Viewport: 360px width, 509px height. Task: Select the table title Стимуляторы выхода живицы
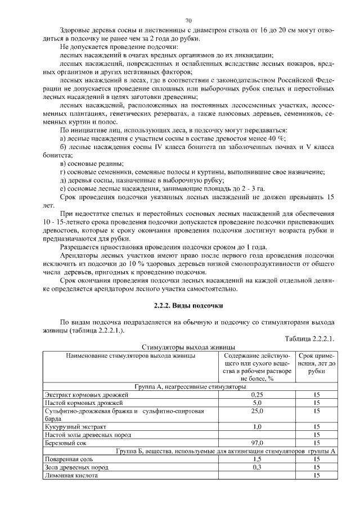pyautogui.click(x=188, y=348)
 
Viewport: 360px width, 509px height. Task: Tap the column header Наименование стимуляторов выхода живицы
pyautogui.click(x=130, y=356)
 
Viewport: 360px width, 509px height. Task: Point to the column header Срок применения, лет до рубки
pyautogui.click(x=317, y=364)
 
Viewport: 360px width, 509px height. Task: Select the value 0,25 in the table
pyautogui.click(x=257, y=395)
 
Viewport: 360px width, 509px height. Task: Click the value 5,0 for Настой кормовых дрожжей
pyautogui.click(x=257, y=403)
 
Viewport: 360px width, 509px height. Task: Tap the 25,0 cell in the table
pyautogui.click(x=257, y=411)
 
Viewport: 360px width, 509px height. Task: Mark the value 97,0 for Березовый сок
pyautogui.click(x=257, y=443)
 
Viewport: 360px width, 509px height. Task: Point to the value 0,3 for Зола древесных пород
pyautogui.click(x=257, y=467)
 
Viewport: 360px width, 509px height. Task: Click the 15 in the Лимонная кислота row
pyautogui.click(x=317, y=475)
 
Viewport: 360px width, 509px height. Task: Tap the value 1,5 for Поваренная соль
pyautogui.click(x=257, y=459)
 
